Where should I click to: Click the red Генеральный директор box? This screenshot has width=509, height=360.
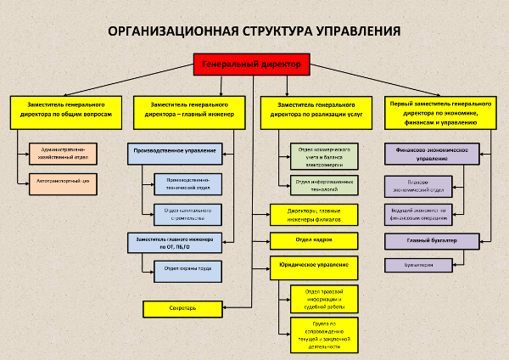tap(253, 65)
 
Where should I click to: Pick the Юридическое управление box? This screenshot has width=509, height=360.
tap(314, 266)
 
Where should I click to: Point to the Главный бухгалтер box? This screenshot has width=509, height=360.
tap(432, 241)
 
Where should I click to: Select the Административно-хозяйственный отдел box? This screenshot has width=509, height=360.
tap(64, 154)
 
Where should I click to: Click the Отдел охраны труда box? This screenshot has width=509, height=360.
tap(187, 271)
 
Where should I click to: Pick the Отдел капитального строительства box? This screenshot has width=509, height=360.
tap(187, 214)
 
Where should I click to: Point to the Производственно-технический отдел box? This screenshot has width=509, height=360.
tap(187, 184)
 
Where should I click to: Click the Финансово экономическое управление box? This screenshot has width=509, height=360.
tap(432, 153)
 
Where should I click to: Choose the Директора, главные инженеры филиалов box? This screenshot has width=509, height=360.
tap(314, 214)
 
